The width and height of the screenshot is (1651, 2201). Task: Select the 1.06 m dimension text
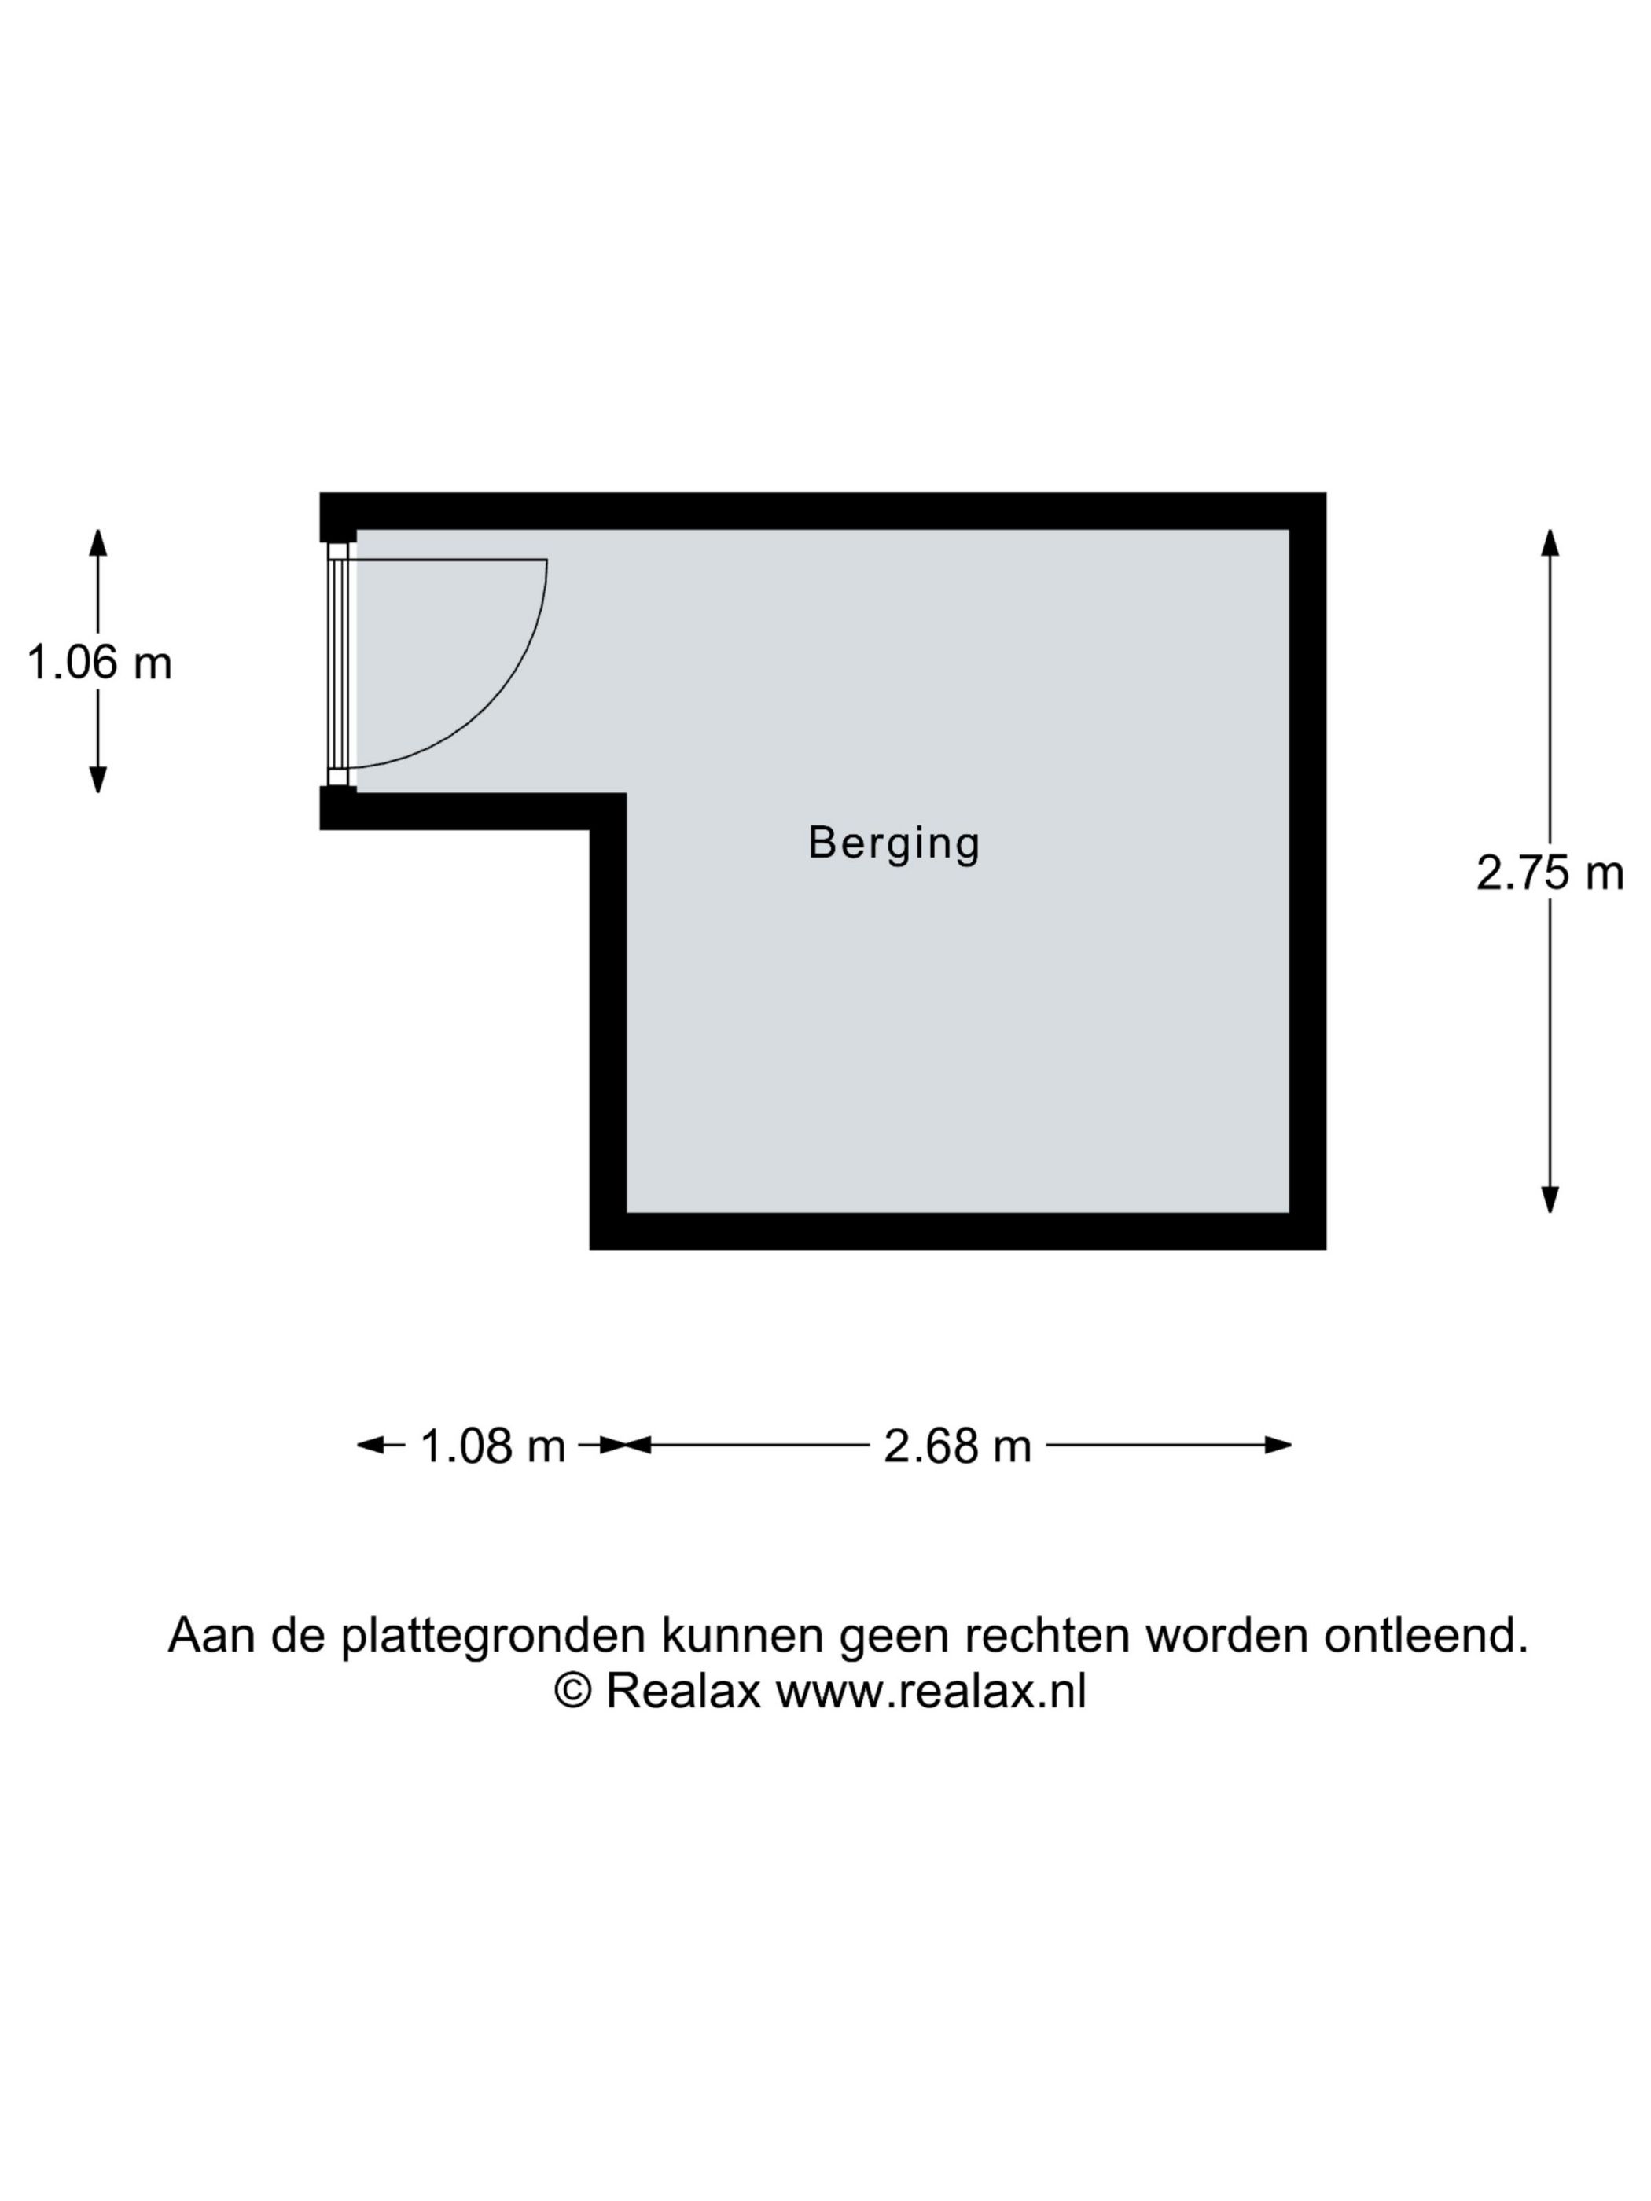tap(98, 662)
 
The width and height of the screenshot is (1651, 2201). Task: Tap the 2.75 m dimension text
tap(1549, 873)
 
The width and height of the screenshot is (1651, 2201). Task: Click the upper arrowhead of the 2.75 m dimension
tap(1550, 542)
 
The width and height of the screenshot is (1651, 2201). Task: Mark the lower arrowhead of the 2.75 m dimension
tap(1550, 1199)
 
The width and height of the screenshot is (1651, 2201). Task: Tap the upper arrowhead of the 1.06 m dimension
tap(97, 542)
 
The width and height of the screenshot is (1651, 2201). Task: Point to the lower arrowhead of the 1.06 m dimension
tap(97, 779)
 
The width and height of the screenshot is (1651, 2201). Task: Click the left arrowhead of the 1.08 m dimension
tap(371, 1445)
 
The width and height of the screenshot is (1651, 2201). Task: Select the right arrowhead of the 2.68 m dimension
tap(1277, 1445)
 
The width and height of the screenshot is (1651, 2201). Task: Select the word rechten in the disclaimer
tap(1048, 1635)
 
